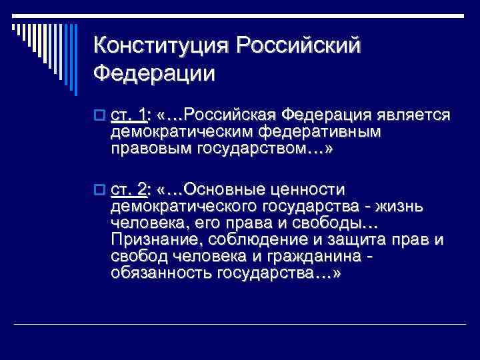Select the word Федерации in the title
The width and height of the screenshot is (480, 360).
tap(155, 72)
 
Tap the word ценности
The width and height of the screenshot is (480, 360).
tap(316, 190)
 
